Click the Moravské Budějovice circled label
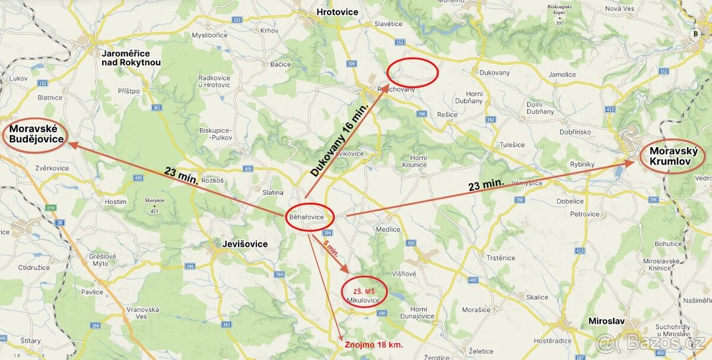click(36, 134)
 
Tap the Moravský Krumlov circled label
click(672, 156)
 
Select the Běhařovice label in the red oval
click(307, 217)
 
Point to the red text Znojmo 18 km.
click(374, 345)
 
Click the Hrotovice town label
click(338, 11)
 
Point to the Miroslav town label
click(606, 321)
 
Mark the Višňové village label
click(404, 273)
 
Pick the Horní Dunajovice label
click(419, 313)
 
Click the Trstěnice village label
click(501, 257)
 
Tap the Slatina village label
click(273, 192)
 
